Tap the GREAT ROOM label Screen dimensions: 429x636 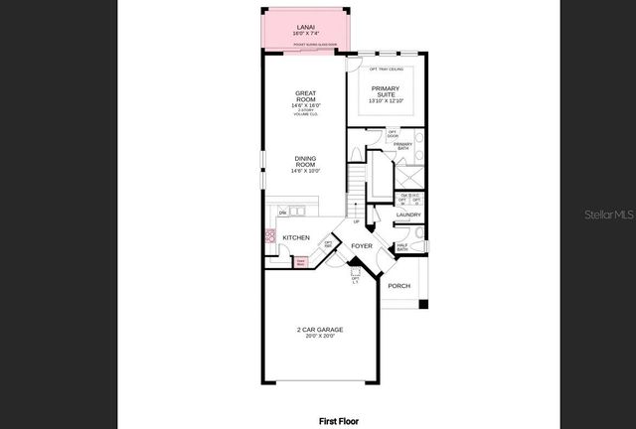(x=305, y=97)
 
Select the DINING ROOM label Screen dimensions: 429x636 (x=305, y=161)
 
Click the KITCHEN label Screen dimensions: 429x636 (x=296, y=237)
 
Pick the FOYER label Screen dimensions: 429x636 (x=362, y=244)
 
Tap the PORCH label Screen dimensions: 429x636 (x=398, y=286)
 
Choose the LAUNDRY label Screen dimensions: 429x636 (x=408, y=214)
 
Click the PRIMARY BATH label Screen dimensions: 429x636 (x=402, y=146)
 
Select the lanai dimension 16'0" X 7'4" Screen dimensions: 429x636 (x=305, y=35)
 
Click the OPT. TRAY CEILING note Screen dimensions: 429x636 (x=386, y=69)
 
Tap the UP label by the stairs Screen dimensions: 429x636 (x=357, y=221)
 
